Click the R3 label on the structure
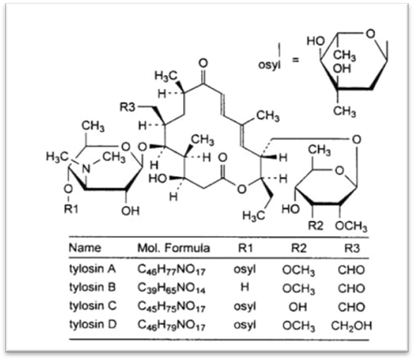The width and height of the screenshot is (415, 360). click(x=128, y=107)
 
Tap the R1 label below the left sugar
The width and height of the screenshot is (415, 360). click(x=71, y=209)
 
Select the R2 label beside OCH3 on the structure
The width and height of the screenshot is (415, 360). click(x=316, y=226)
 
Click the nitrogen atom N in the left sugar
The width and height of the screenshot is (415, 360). click(x=86, y=169)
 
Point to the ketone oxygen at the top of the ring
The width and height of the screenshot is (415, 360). click(x=203, y=63)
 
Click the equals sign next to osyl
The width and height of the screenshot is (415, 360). click(x=295, y=59)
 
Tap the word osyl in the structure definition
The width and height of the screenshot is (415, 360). click(x=269, y=65)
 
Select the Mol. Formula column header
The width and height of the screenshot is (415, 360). click(x=173, y=248)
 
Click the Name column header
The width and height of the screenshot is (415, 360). click(x=85, y=248)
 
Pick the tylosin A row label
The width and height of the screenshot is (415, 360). click(x=93, y=269)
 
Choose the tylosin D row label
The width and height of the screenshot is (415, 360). click(x=93, y=324)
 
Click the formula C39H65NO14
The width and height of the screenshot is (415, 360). click(x=172, y=288)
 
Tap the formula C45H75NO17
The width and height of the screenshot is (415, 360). click(x=172, y=307)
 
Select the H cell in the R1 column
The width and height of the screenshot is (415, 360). click(x=245, y=287)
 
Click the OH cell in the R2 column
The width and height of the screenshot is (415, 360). click(x=298, y=307)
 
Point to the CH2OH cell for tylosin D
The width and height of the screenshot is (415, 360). click(x=352, y=326)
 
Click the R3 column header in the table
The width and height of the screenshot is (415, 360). click(x=352, y=248)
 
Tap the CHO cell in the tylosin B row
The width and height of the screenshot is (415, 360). click(x=352, y=288)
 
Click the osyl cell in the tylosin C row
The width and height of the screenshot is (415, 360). click(x=245, y=307)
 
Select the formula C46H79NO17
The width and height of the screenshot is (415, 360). click(x=172, y=325)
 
